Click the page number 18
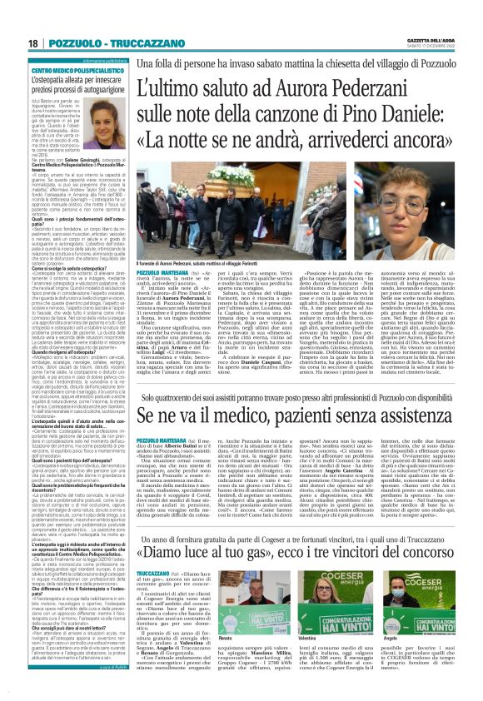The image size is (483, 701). (32, 42)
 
